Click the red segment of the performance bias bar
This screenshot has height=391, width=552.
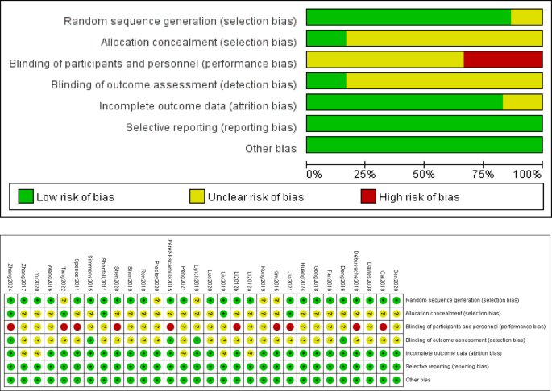click(503, 60)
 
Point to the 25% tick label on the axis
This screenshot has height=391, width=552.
click(365, 174)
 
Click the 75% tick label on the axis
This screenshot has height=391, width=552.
click(484, 174)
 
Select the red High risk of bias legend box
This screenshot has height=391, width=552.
click(372, 196)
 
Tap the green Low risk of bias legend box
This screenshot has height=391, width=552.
click(27, 196)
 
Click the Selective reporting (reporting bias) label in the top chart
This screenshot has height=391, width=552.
click(211, 127)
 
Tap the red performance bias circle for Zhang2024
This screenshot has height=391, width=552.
click(10, 327)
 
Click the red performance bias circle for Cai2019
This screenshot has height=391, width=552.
click(383, 327)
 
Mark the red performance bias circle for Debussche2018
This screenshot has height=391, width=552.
click(356, 327)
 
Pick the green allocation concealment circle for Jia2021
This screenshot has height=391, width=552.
click(289, 313)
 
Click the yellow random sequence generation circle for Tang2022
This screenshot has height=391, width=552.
click(64, 300)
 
